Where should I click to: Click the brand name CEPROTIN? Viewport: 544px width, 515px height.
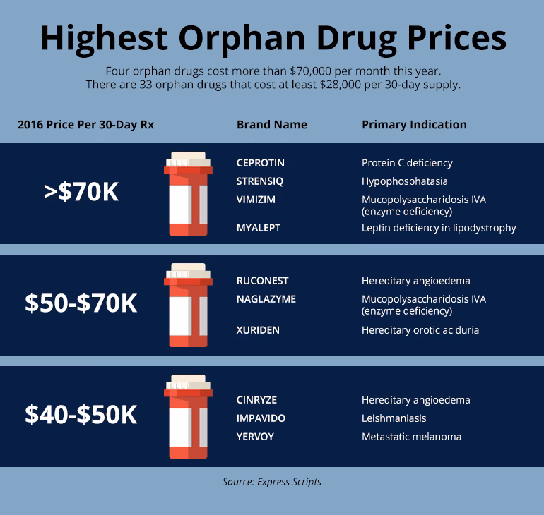tap(261, 163)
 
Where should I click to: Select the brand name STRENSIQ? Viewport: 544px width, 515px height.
tap(260, 181)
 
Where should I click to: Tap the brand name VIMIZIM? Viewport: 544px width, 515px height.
tap(256, 200)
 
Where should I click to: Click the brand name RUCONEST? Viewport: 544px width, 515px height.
tap(262, 281)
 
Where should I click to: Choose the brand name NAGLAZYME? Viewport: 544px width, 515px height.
tap(266, 299)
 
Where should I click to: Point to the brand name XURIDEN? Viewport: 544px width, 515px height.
tap(258, 330)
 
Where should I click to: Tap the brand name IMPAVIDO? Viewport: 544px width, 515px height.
tap(261, 418)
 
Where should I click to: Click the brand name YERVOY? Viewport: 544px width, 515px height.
tap(255, 437)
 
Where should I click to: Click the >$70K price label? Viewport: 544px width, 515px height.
tap(81, 193)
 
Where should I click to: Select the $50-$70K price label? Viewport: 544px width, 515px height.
tap(81, 303)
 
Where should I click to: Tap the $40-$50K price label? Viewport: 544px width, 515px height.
tap(81, 415)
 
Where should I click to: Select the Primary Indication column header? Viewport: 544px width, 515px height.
tap(414, 124)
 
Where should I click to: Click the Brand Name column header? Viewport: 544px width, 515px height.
tap(271, 124)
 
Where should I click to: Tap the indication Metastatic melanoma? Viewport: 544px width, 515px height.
tap(411, 437)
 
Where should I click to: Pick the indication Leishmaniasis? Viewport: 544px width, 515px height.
tap(394, 418)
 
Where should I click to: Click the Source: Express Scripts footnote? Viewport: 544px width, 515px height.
tap(272, 482)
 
